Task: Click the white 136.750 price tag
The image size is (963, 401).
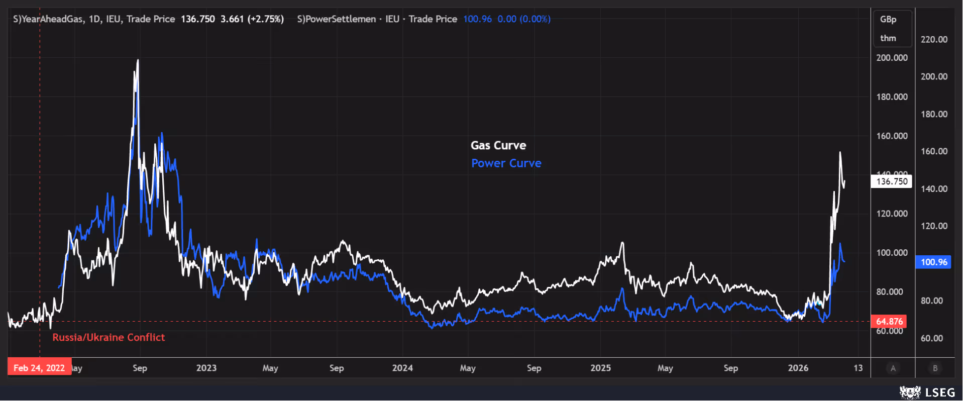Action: [x=891, y=181]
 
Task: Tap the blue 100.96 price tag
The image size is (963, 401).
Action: [x=933, y=262]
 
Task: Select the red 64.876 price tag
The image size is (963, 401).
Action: [x=889, y=321]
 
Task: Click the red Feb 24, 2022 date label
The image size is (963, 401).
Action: [x=39, y=367]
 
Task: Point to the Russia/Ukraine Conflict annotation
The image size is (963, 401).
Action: [x=109, y=337]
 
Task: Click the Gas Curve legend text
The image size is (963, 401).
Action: [x=498, y=145]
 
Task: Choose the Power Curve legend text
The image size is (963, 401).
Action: [x=506, y=163]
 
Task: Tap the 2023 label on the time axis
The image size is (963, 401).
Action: [x=206, y=368]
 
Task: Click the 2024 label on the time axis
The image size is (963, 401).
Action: [x=402, y=368]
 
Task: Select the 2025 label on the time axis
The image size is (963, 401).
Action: [x=600, y=368]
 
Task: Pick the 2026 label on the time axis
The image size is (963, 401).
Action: [x=798, y=368]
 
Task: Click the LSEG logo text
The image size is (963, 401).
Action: [x=940, y=392]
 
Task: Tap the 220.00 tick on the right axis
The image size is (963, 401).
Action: [x=934, y=39]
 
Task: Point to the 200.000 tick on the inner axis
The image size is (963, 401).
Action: [x=892, y=58]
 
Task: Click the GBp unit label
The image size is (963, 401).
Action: [x=888, y=19]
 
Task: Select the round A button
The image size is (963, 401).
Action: [x=893, y=368]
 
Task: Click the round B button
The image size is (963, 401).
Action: [x=935, y=368]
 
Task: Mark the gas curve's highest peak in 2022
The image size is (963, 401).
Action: [x=138, y=60]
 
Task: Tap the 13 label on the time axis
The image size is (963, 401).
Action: [x=858, y=368]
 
